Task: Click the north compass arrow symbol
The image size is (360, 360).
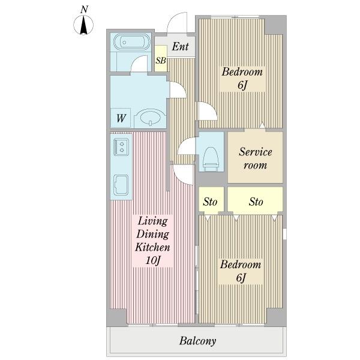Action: click(83, 25)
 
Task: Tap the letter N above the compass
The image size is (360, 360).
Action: click(84, 10)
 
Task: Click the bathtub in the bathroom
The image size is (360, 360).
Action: click(132, 42)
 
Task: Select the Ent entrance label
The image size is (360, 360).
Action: click(181, 47)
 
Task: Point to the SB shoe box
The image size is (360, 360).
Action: click(161, 59)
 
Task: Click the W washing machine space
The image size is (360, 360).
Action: click(121, 118)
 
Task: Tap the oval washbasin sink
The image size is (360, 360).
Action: click(150, 118)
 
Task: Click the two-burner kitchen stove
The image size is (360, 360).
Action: click(121, 147)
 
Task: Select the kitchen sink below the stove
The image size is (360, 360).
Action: click(121, 185)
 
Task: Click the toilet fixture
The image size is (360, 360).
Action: click(210, 158)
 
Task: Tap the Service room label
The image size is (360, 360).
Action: click(256, 158)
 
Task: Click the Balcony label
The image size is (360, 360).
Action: click(197, 341)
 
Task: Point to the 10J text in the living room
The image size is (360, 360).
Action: click(152, 260)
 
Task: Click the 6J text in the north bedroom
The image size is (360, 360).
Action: click(242, 85)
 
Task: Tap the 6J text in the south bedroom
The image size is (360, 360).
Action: click(241, 278)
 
